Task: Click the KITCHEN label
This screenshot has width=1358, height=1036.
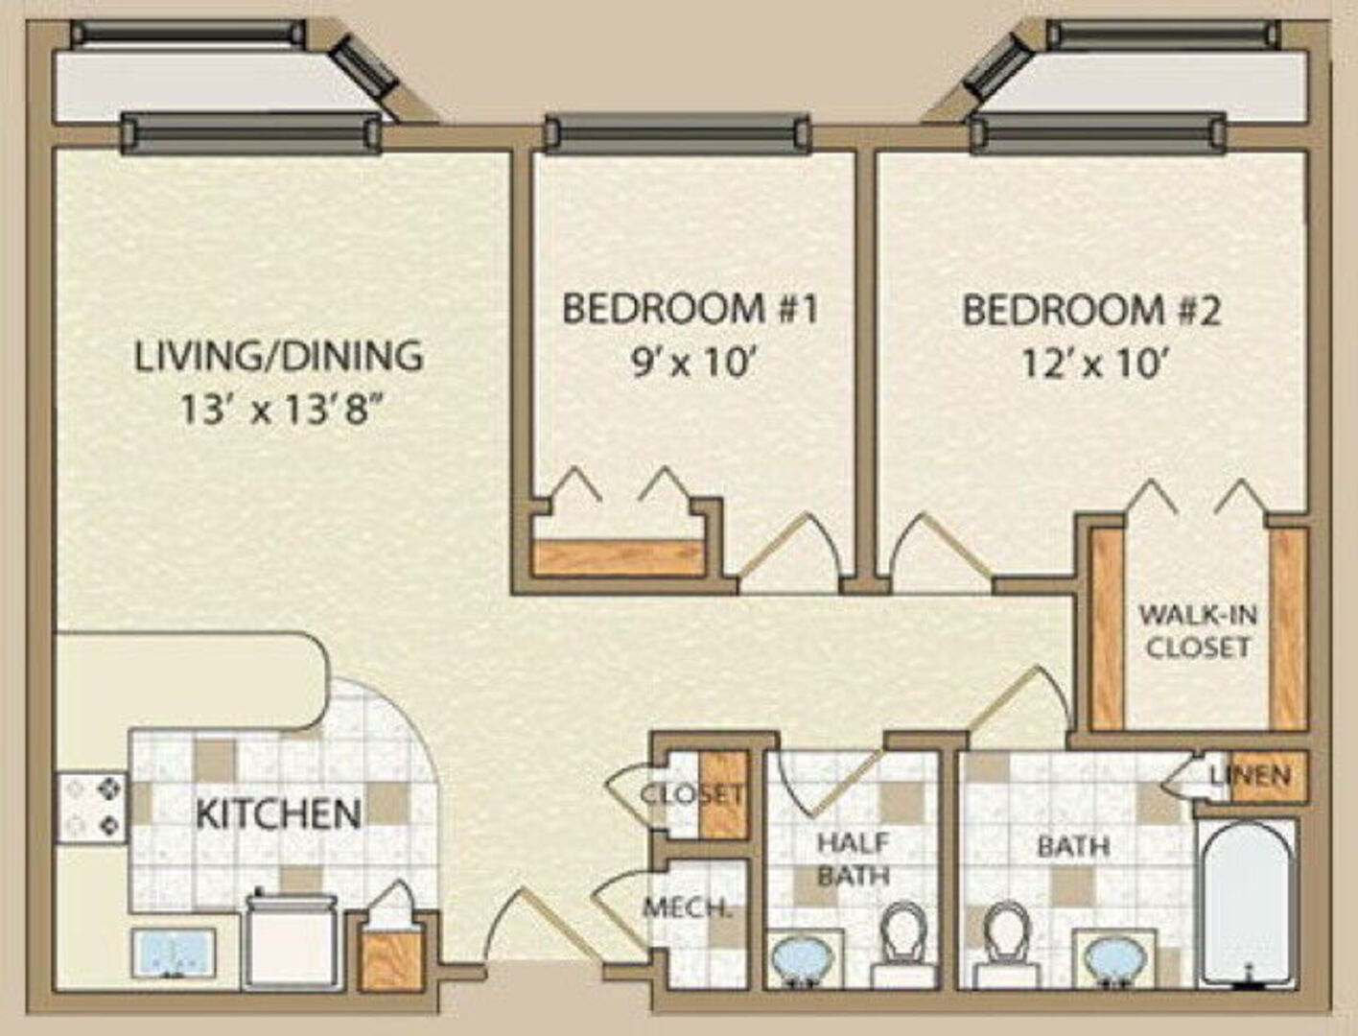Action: pos(278,813)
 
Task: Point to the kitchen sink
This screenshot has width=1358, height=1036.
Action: pos(175,953)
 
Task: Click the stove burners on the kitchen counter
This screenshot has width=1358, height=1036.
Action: pos(93,807)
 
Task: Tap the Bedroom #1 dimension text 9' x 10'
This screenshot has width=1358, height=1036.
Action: pos(694,364)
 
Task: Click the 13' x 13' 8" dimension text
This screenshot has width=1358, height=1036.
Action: pos(280,411)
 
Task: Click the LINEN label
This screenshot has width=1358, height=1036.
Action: pos(1250,775)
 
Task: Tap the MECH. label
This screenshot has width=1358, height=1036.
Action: pos(686,908)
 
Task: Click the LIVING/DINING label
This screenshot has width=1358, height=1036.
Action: pos(279,356)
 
